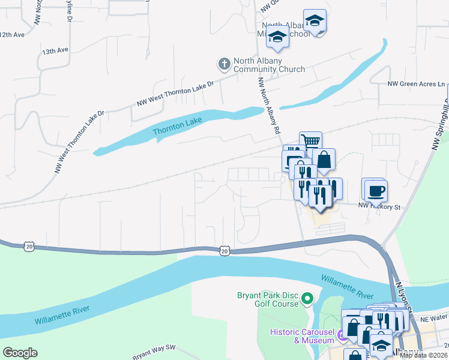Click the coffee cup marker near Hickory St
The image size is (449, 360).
[x=376, y=190]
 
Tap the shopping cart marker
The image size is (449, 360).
[x=310, y=142]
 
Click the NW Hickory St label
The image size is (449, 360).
[x=379, y=206]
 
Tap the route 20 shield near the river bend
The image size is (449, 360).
[x=224, y=250]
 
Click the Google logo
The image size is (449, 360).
[x=20, y=353]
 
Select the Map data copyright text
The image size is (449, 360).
[x=423, y=355]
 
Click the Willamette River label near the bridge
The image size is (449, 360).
[x=346, y=287]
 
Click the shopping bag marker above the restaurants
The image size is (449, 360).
[x=324, y=160]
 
